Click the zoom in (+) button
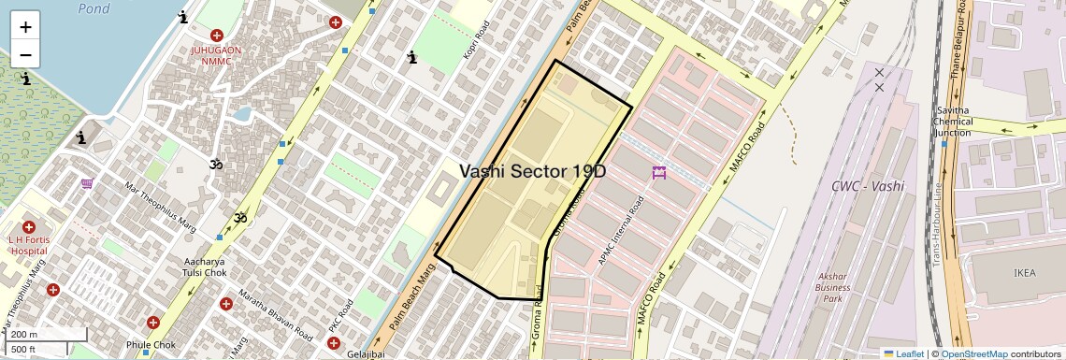tap(25, 27)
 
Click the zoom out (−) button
tap(25, 55)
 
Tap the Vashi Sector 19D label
tap(532, 171)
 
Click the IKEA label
tap(1025, 272)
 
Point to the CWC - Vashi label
tap(868, 186)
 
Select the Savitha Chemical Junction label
tap(953, 122)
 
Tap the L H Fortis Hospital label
tap(28, 245)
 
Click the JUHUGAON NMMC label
tap(216, 55)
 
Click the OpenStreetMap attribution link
tap(973, 354)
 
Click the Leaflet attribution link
tap(904, 354)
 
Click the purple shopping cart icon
tap(87, 184)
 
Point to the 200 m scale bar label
tap(24, 335)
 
